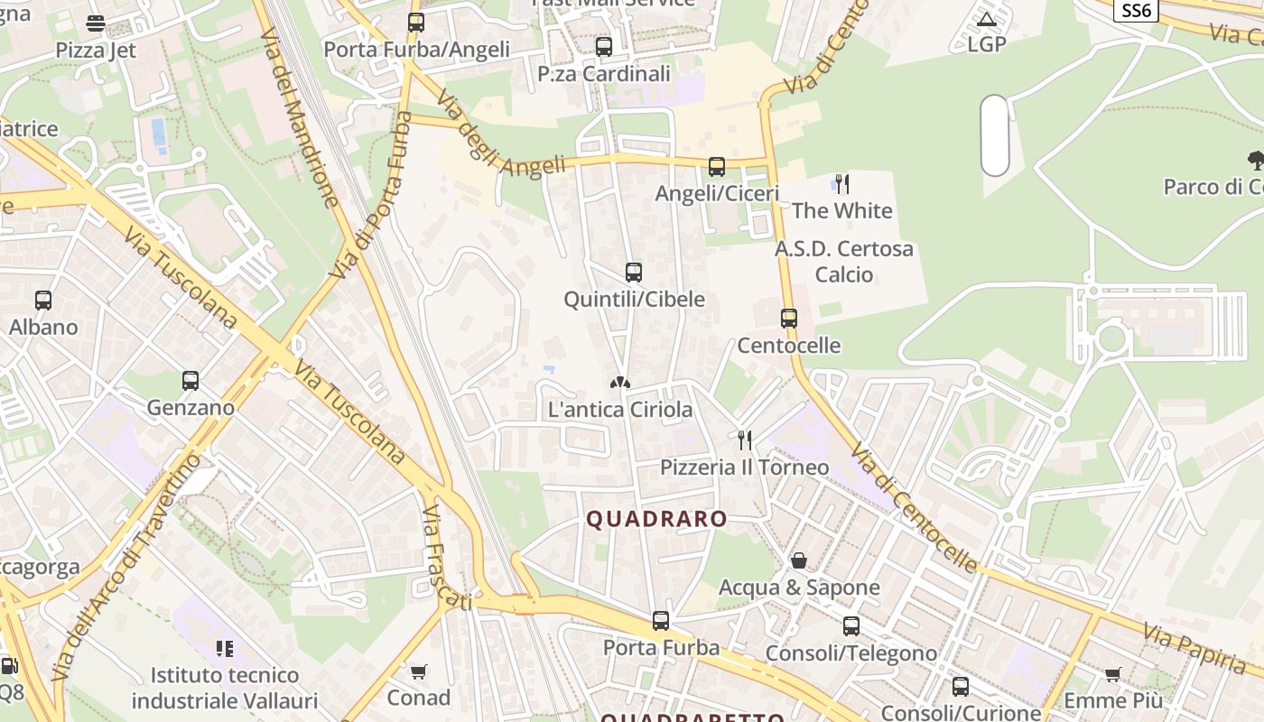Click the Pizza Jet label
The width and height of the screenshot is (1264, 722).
(x=96, y=50)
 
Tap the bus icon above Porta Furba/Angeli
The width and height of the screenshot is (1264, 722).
(x=415, y=23)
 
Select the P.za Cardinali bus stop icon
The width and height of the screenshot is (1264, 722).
(x=604, y=47)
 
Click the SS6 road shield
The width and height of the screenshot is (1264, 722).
(x=1136, y=10)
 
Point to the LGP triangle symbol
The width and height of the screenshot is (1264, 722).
(x=986, y=19)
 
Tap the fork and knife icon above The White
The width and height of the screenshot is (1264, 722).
(x=841, y=184)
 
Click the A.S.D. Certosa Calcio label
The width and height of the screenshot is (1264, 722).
(x=844, y=261)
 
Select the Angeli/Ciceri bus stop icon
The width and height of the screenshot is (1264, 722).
(x=717, y=167)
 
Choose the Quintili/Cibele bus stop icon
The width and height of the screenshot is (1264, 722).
(x=634, y=272)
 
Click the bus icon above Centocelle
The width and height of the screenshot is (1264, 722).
(x=789, y=318)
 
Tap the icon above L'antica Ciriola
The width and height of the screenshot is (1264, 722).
(x=620, y=383)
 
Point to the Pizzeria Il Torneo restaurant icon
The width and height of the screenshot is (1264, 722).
(x=745, y=440)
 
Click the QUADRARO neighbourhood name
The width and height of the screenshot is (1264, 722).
(x=656, y=519)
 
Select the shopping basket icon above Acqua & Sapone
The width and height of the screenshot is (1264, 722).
(x=798, y=560)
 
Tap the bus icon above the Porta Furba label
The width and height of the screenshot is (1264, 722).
(x=661, y=621)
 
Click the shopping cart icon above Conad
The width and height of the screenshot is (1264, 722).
(x=418, y=671)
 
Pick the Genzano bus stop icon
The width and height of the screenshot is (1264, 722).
(x=190, y=381)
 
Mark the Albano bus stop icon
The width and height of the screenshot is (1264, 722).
(x=43, y=301)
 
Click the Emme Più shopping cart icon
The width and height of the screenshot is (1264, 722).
(x=1112, y=674)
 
